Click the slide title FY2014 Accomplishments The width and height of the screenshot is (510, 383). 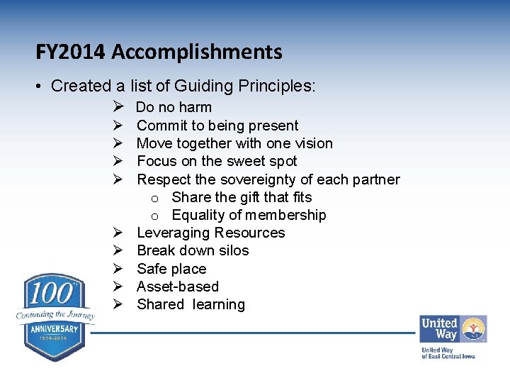click(159, 52)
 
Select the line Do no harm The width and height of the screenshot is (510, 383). click(174, 108)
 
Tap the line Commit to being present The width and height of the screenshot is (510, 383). click(217, 126)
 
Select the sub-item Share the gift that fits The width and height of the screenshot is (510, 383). click(242, 197)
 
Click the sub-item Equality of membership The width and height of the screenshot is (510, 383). click(249, 215)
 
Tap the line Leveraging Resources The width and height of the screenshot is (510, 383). click(210, 233)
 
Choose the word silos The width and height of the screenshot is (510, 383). click(233, 250)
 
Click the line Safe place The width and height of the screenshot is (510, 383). click(171, 269)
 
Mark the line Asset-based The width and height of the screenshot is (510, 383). click(177, 287)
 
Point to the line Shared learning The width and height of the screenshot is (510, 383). click(191, 304)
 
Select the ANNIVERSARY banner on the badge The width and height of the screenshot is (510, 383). click(55, 330)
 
